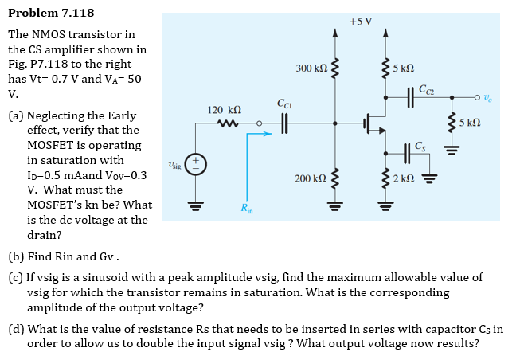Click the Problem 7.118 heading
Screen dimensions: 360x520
pos(51,13)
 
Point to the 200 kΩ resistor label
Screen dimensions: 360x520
pos(310,179)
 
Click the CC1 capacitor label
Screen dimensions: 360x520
pos(284,103)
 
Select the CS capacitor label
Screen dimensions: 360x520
pos(420,145)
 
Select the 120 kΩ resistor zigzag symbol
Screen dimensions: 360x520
pos(225,123)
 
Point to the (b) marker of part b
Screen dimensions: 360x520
pos(16,257)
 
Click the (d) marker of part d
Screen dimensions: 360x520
pos(16,329)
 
